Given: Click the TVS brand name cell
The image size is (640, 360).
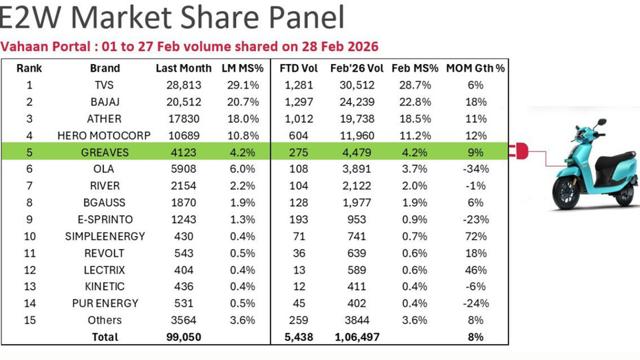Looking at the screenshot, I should [x=105, y=85].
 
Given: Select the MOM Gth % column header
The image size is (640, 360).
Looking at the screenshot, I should [x=475, y=68].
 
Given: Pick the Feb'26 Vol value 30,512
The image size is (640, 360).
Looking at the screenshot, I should [x=356, y=85].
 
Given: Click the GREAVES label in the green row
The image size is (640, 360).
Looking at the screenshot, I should [x=105, y=152].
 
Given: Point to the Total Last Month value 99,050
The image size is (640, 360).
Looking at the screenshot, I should [x=184, y=337].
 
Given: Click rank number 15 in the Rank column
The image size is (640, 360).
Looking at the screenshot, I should [x=29, y=320].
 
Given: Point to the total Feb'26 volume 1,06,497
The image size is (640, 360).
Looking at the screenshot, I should [x=356, y=337].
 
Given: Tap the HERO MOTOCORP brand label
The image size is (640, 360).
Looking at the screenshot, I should [x=105, y=136].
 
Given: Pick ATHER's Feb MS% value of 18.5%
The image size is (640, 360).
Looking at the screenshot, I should [x=415, y=119].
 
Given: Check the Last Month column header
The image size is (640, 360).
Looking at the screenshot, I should [x=184, y=68].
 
